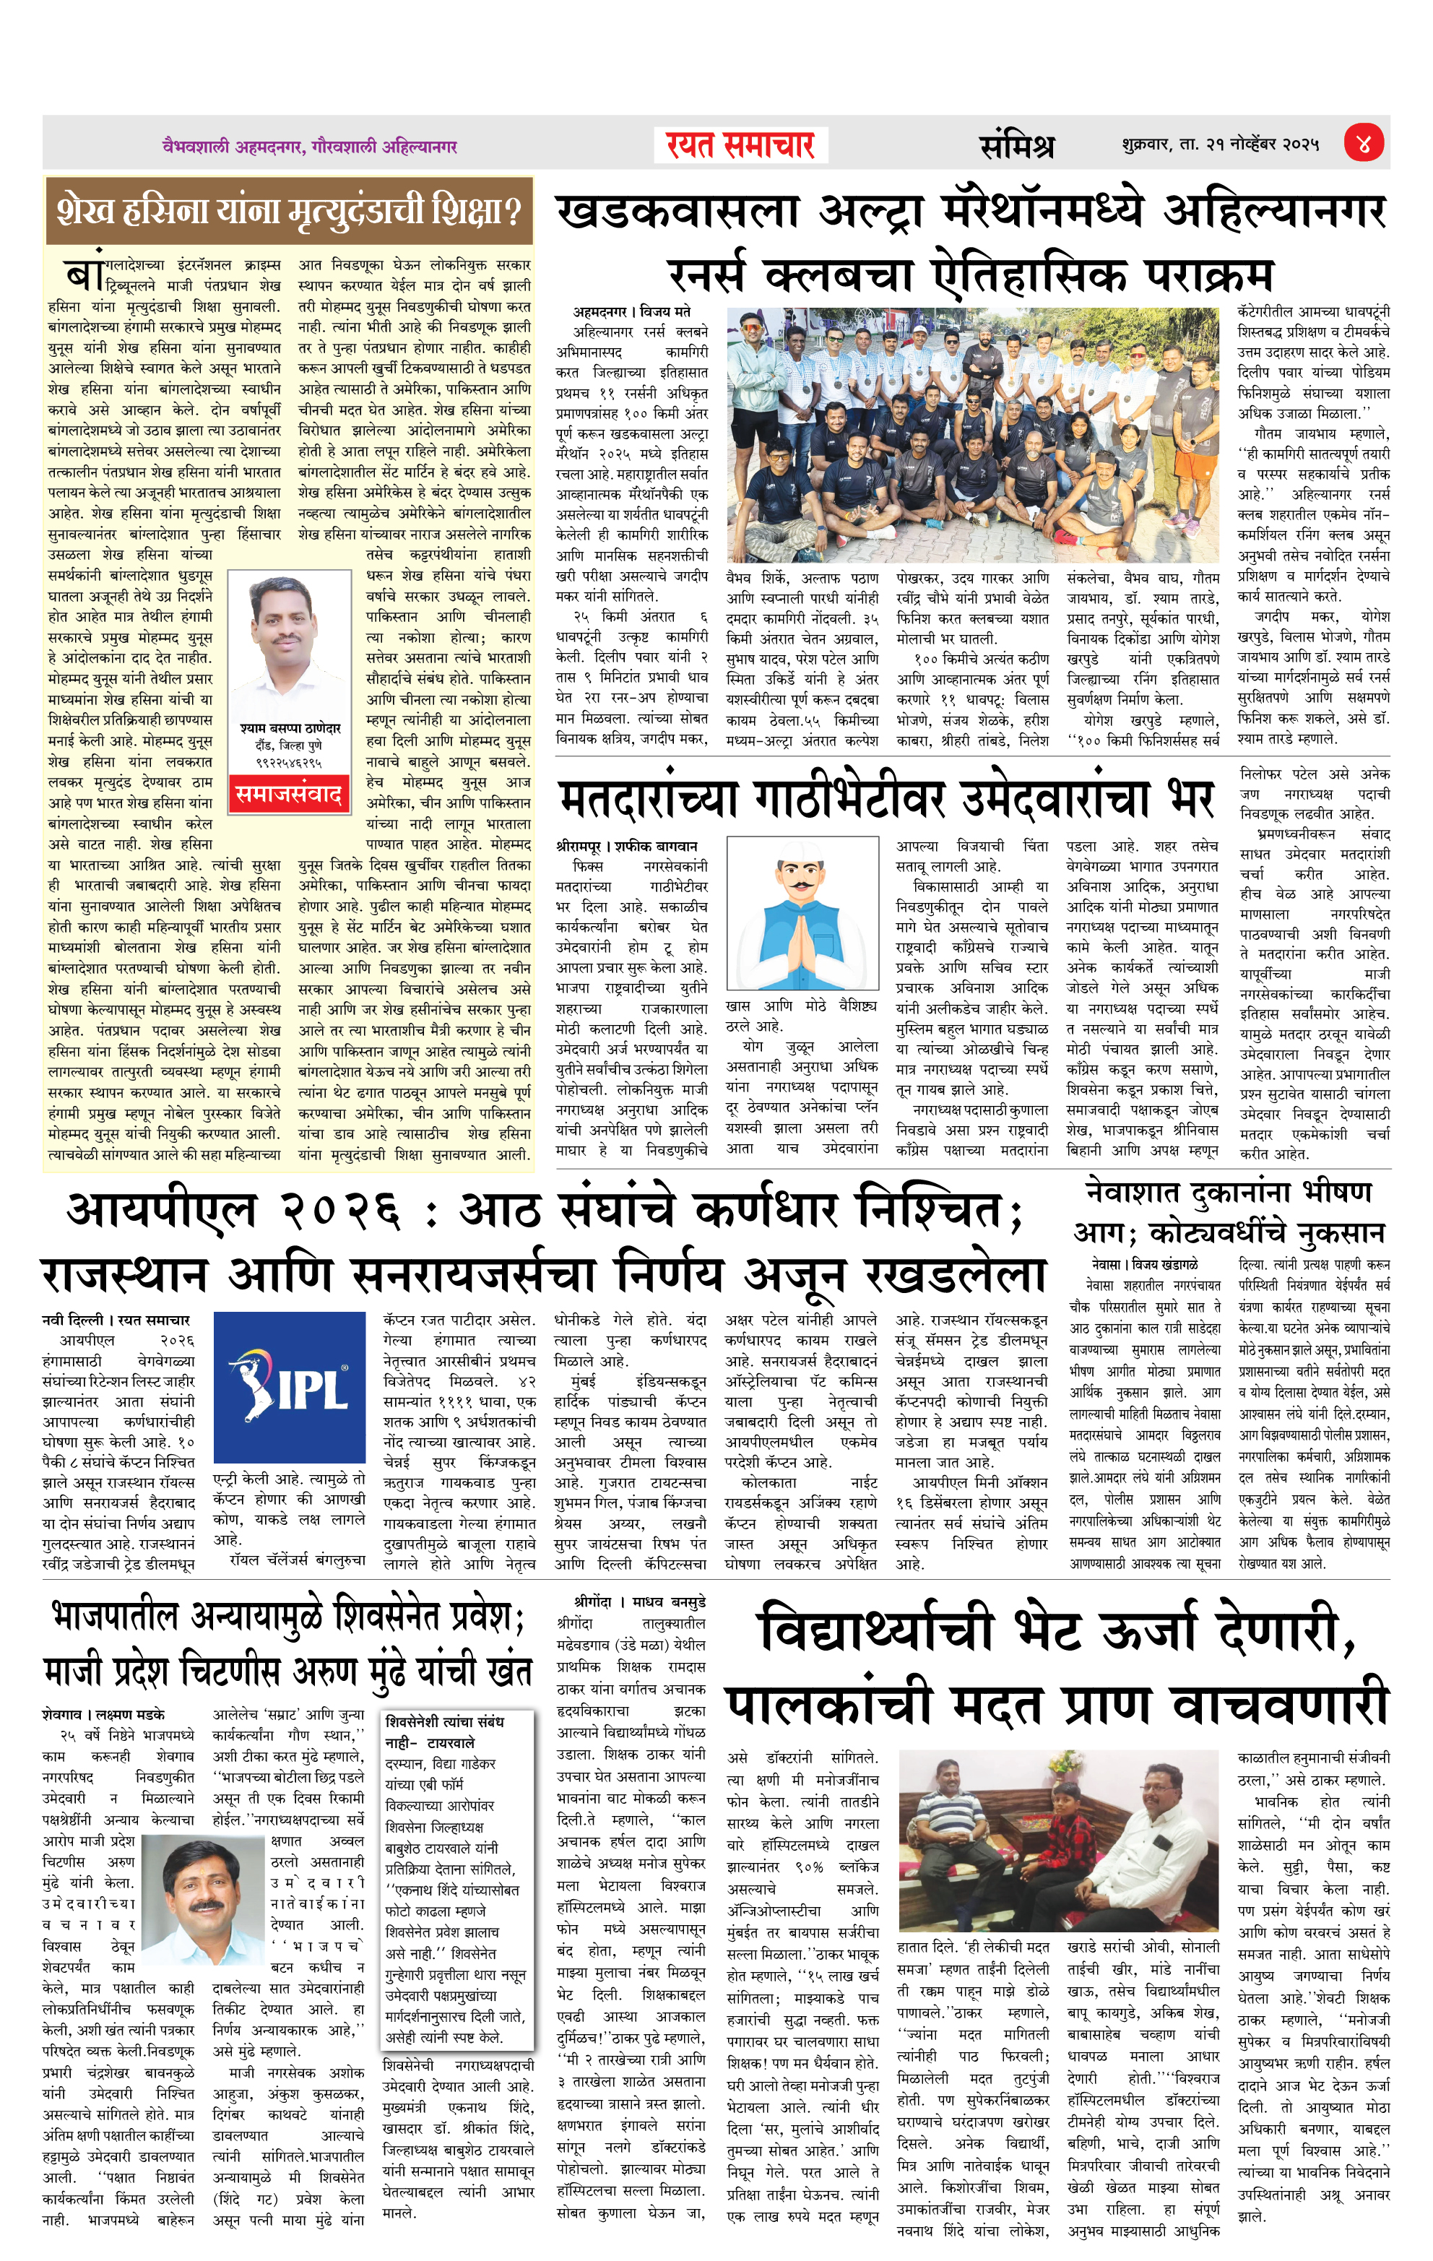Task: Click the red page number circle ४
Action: [1364, 144]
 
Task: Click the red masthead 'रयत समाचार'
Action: [740, 145]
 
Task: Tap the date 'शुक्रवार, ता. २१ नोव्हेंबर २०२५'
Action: [1220, 144]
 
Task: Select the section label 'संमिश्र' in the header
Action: [1016, 145]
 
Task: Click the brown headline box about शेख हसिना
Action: [288, 210]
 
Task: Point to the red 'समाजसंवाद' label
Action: [289, 795]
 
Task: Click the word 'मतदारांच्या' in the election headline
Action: [648, 799]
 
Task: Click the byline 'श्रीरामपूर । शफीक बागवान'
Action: [626, 846]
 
